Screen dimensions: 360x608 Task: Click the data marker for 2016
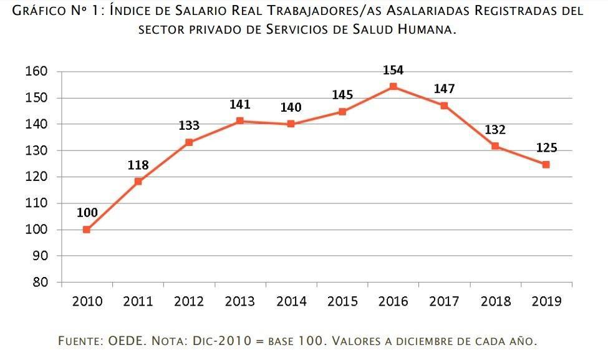pyautogui.click(x=393, y=87)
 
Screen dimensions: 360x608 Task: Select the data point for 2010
pyautogui.click(x=87, y=230)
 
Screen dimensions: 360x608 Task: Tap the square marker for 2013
pyautogui.click(x=240, y=121)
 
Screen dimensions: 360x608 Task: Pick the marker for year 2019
pyautogui.click(x=546, y=165)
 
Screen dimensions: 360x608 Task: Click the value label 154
pyautogui.click(x=393, y=71)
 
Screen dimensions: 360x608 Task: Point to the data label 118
pyautogui.click(x=138, y=165)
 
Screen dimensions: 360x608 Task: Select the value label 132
pyautogui.click(x=495, y=130)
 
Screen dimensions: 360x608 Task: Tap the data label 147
pyautogui.click(x=444, y=89)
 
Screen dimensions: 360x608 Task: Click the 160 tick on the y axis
pyautogui.click(x=36, y=72)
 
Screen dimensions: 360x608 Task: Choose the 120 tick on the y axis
pyautogui.click(x=36, y=177)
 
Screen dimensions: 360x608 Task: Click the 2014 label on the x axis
pyautogui.click(x=291, y=302)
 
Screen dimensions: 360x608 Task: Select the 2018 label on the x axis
pyautogui.click(x=495, y=302)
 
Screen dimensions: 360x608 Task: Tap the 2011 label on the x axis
pyautogui.click(x=138, y=302)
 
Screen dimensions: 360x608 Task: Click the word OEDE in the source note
pyautogui.click(x=127, y=341)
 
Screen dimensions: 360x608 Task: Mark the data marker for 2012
pyautogui.click(x=189, y=142)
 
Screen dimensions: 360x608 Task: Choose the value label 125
pyautogui.click(x=546, y=148)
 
